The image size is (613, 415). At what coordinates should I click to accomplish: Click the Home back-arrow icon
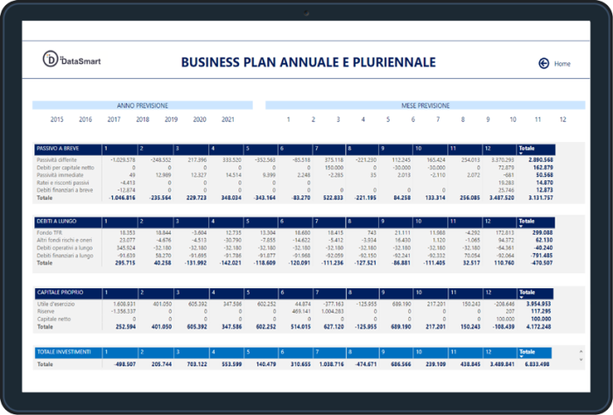pyautogui.click(x=544, y=63)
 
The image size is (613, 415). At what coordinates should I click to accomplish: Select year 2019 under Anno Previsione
pyautogui.click(x=171, y=119)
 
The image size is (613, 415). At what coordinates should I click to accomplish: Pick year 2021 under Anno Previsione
pyautogui.click(x=228, y=119)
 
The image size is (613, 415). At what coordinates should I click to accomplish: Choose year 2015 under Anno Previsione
pyautogui.click(x=57, y=119)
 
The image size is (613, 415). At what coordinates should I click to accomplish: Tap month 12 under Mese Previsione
pyautogui.click(x=562, y=119)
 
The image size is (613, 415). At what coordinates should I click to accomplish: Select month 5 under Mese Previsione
pyautogui.click(x=388, y=119)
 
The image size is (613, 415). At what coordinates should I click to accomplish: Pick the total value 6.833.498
pyautogui.click(x=536, y=363)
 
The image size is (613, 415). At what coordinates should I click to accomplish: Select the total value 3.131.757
pyautogui.click(x=536, y=198)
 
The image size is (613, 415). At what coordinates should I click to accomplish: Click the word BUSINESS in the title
pyautogui.click(x=213, y=62)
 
